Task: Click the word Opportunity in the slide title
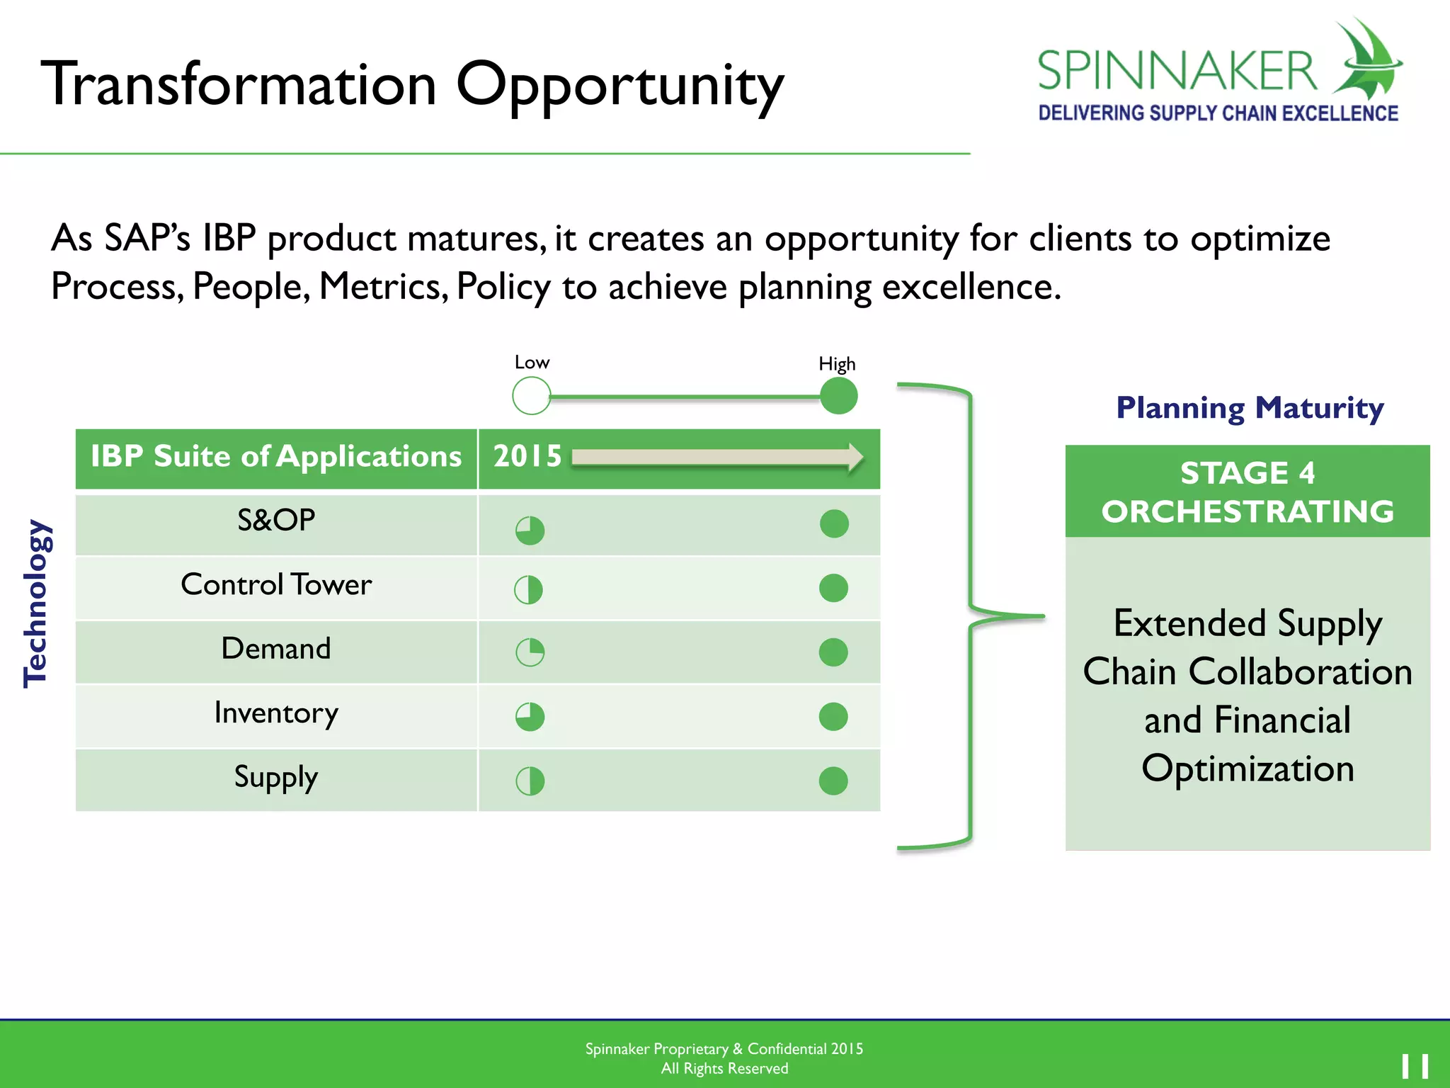[x=620, y=86]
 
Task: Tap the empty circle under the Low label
[x=531, y=395]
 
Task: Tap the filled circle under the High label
[x=838, y=395]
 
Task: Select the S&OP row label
[x=276, y=521]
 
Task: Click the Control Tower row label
[x=276, y=585]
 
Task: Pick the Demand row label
[x=276, y=649]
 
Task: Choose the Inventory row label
[x=276, y=713]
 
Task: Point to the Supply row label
[x=276, y=778]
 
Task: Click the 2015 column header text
[x=527, y=456]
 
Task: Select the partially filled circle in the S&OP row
[x=530, y=531]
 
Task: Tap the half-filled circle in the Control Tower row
[x=528, y=589]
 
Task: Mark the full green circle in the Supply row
[x=833, y=781]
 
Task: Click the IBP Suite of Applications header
[x=276, y=457]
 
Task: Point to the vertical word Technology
[x=35, y=603]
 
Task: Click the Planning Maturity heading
[x=1250, y=408]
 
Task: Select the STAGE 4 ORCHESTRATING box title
[x=1247, y=492]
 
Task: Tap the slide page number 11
[x=1415, y=1066]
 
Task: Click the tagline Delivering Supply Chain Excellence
[x=1218, y=113]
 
